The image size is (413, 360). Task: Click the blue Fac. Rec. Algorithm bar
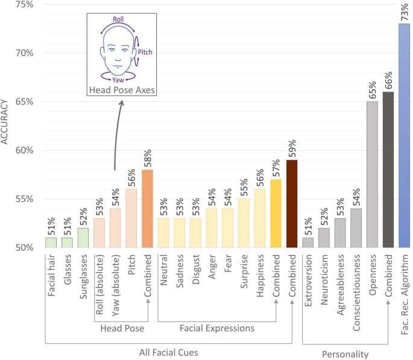click(404, 136)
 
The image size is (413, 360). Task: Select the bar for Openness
click(372, 175)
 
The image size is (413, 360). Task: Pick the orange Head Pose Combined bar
click(148, 209)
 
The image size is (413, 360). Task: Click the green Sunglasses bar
click(83, 238)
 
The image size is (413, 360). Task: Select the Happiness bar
click(260, 218)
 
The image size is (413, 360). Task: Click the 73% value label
click(403, 11)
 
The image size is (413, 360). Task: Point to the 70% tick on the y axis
click(24, 52)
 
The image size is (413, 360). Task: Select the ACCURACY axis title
click(7, 124)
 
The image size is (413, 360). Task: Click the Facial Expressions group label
click(216, 328)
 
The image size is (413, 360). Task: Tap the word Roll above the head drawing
click(118, 19)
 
